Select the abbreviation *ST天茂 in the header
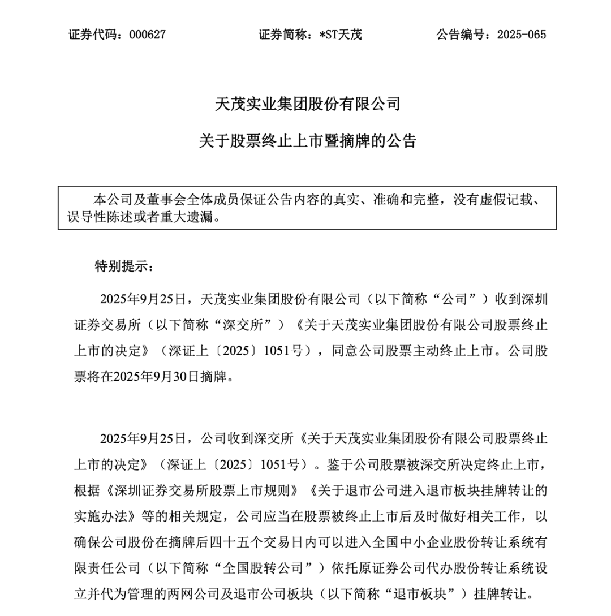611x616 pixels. tap(341, 35)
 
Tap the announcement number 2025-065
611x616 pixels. tap(522, 35)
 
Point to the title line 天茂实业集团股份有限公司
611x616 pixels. tap(308, 104)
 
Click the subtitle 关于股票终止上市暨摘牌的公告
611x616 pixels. tap(308, 141)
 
